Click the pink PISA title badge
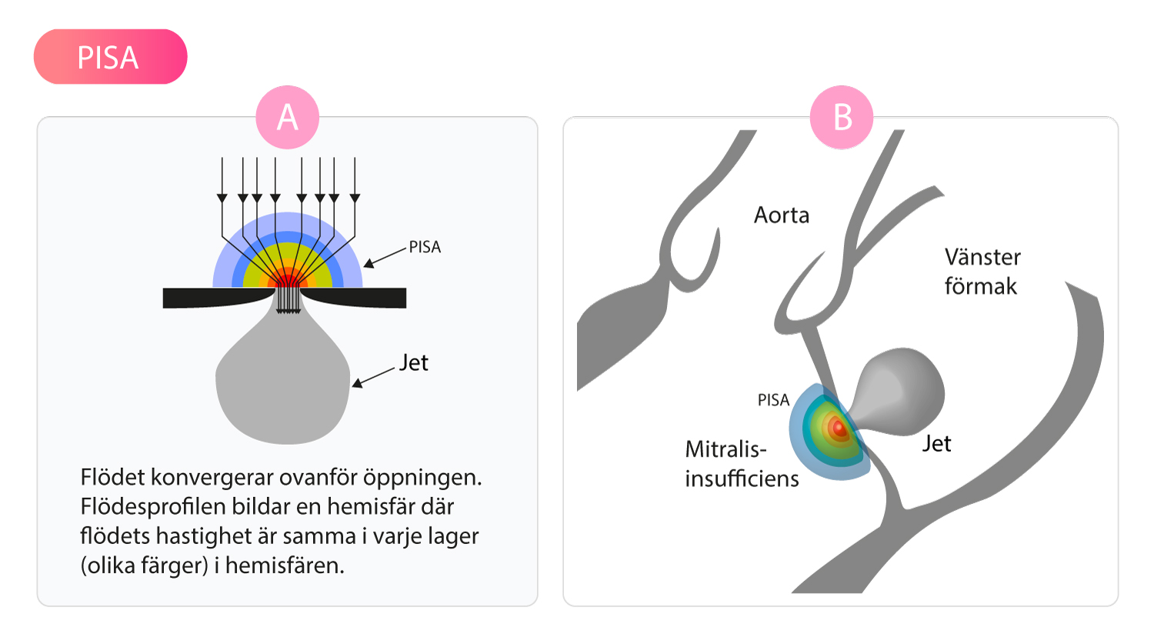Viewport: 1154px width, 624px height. click(110, 57)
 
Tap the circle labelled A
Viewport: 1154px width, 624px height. click(287, 117)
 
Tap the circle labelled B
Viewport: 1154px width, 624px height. click(842, 117)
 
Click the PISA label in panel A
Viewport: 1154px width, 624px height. click(425, 248)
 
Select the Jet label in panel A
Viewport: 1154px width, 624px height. click(413, 362)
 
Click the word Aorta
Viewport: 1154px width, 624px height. click(782, 215)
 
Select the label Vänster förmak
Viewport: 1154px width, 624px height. click(982, 271)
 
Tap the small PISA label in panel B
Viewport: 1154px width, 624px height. click(774, 401)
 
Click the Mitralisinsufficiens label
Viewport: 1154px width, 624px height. click(742, 463)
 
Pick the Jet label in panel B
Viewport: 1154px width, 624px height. click(936, 443)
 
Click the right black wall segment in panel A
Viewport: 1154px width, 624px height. click(358, 297)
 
